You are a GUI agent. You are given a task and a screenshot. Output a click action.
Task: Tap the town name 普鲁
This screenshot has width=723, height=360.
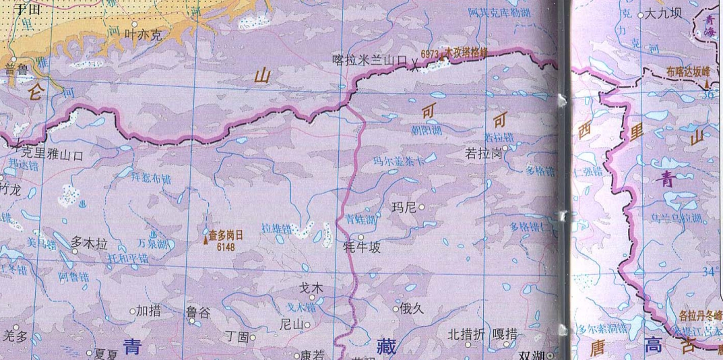tap(18, 67)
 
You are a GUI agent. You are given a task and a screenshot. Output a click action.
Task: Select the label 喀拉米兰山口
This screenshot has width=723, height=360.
tap(371, 61)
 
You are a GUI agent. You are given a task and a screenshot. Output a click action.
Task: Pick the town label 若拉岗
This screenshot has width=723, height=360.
tap(483, 154)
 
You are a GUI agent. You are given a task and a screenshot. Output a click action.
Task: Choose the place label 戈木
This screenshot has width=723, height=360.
tap(311, 288)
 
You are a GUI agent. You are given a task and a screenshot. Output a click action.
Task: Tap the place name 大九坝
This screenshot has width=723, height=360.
tap(663, 13)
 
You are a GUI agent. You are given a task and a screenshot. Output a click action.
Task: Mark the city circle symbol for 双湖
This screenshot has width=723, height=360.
tap(551, 355)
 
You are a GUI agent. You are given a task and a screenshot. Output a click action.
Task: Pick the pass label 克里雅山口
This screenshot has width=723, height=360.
tap(51, 154)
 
